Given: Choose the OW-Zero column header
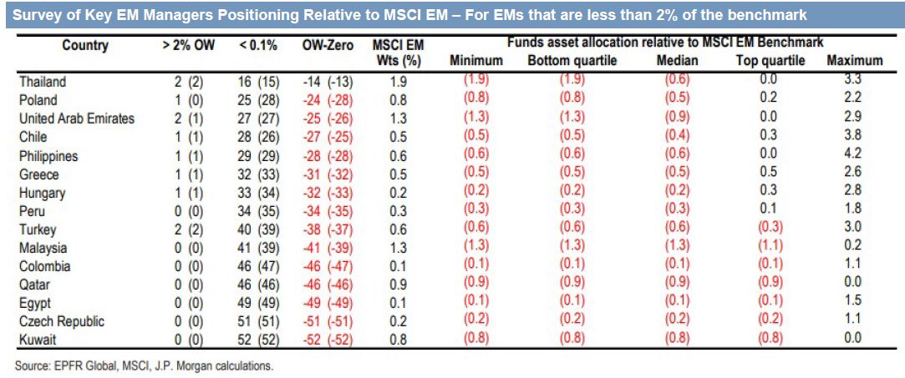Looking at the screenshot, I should [x=328, y=46].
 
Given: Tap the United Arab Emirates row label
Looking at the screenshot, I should [x=76, y=118].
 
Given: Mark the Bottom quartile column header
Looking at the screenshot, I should [x=572, y=60].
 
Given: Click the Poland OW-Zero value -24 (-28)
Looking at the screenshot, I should [x=328, y=100].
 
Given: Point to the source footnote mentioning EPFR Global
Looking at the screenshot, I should [x=143, y=365].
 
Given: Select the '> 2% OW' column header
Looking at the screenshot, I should [x=188, y=46].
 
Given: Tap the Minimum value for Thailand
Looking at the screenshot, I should [x=476, y=82].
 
